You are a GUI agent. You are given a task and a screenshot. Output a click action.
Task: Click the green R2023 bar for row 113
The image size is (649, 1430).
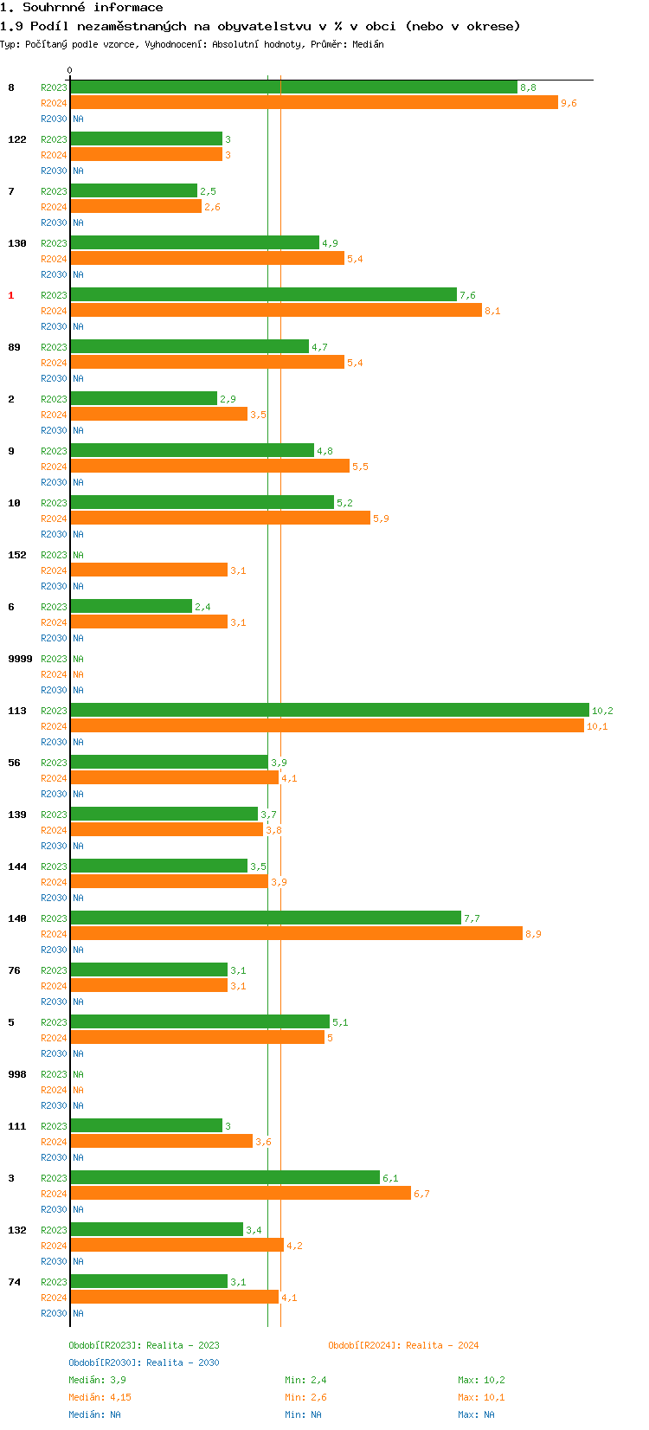coord(329,710)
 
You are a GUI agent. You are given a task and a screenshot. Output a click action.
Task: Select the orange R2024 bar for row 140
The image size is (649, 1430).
coord(296,933)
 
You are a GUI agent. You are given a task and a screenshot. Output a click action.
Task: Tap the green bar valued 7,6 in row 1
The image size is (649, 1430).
coord(263,294)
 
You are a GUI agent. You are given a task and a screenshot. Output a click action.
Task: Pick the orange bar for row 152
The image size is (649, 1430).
coord(149,570)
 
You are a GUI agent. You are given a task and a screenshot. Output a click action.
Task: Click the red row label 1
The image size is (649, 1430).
coord(11,295)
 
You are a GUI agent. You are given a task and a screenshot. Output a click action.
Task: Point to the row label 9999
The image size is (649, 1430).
coord(20,659)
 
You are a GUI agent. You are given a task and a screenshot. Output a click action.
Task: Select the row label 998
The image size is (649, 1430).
coord(17,1074)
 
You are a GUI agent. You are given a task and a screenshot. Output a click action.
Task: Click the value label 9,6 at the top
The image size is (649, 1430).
coord(569,103)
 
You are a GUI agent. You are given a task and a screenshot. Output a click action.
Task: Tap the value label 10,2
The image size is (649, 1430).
coord(602,711)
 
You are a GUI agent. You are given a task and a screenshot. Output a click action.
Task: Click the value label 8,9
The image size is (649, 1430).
coord(533,934)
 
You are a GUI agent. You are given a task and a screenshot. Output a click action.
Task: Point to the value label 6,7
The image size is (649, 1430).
coord(421,1194)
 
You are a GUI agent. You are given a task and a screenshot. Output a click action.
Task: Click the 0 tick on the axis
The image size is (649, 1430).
coord(70,71)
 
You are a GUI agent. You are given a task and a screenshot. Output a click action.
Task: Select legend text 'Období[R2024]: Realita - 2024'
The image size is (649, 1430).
coord(403,1345)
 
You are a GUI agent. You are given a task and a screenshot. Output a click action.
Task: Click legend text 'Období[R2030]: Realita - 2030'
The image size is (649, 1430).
coord(144,1362)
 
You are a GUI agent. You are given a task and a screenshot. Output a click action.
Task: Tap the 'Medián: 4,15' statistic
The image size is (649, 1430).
coord(100,1397)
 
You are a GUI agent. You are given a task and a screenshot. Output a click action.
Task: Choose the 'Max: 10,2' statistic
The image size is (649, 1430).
coord(481,1380)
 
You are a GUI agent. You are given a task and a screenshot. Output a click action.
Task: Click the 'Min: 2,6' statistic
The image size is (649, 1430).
coord(305,1397)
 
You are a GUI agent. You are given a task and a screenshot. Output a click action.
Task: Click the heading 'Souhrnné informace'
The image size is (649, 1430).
coord(93,8)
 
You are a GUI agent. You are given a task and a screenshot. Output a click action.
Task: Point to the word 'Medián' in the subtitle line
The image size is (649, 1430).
coord(368,44)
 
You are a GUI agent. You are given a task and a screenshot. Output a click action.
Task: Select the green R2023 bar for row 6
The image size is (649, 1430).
coord(131,606)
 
